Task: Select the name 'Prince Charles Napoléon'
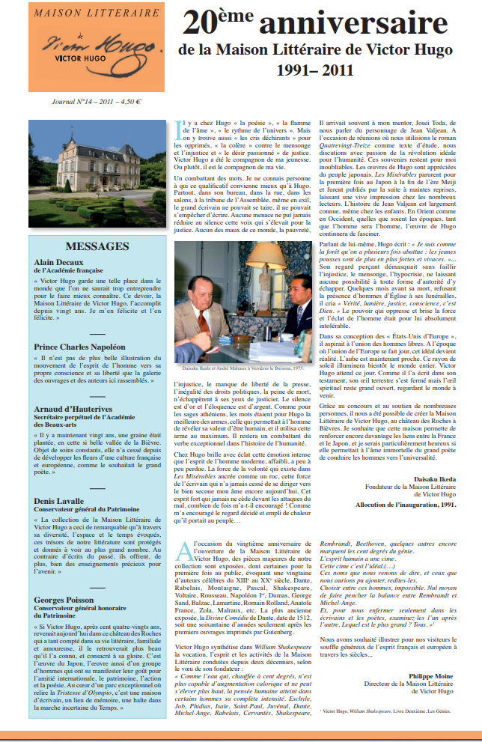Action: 79,347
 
